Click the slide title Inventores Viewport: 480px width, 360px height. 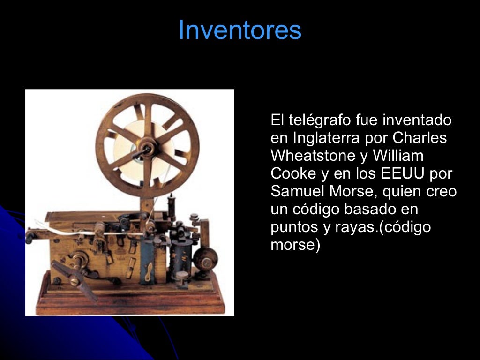(240, 30)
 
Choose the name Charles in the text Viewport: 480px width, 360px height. (420, 138)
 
